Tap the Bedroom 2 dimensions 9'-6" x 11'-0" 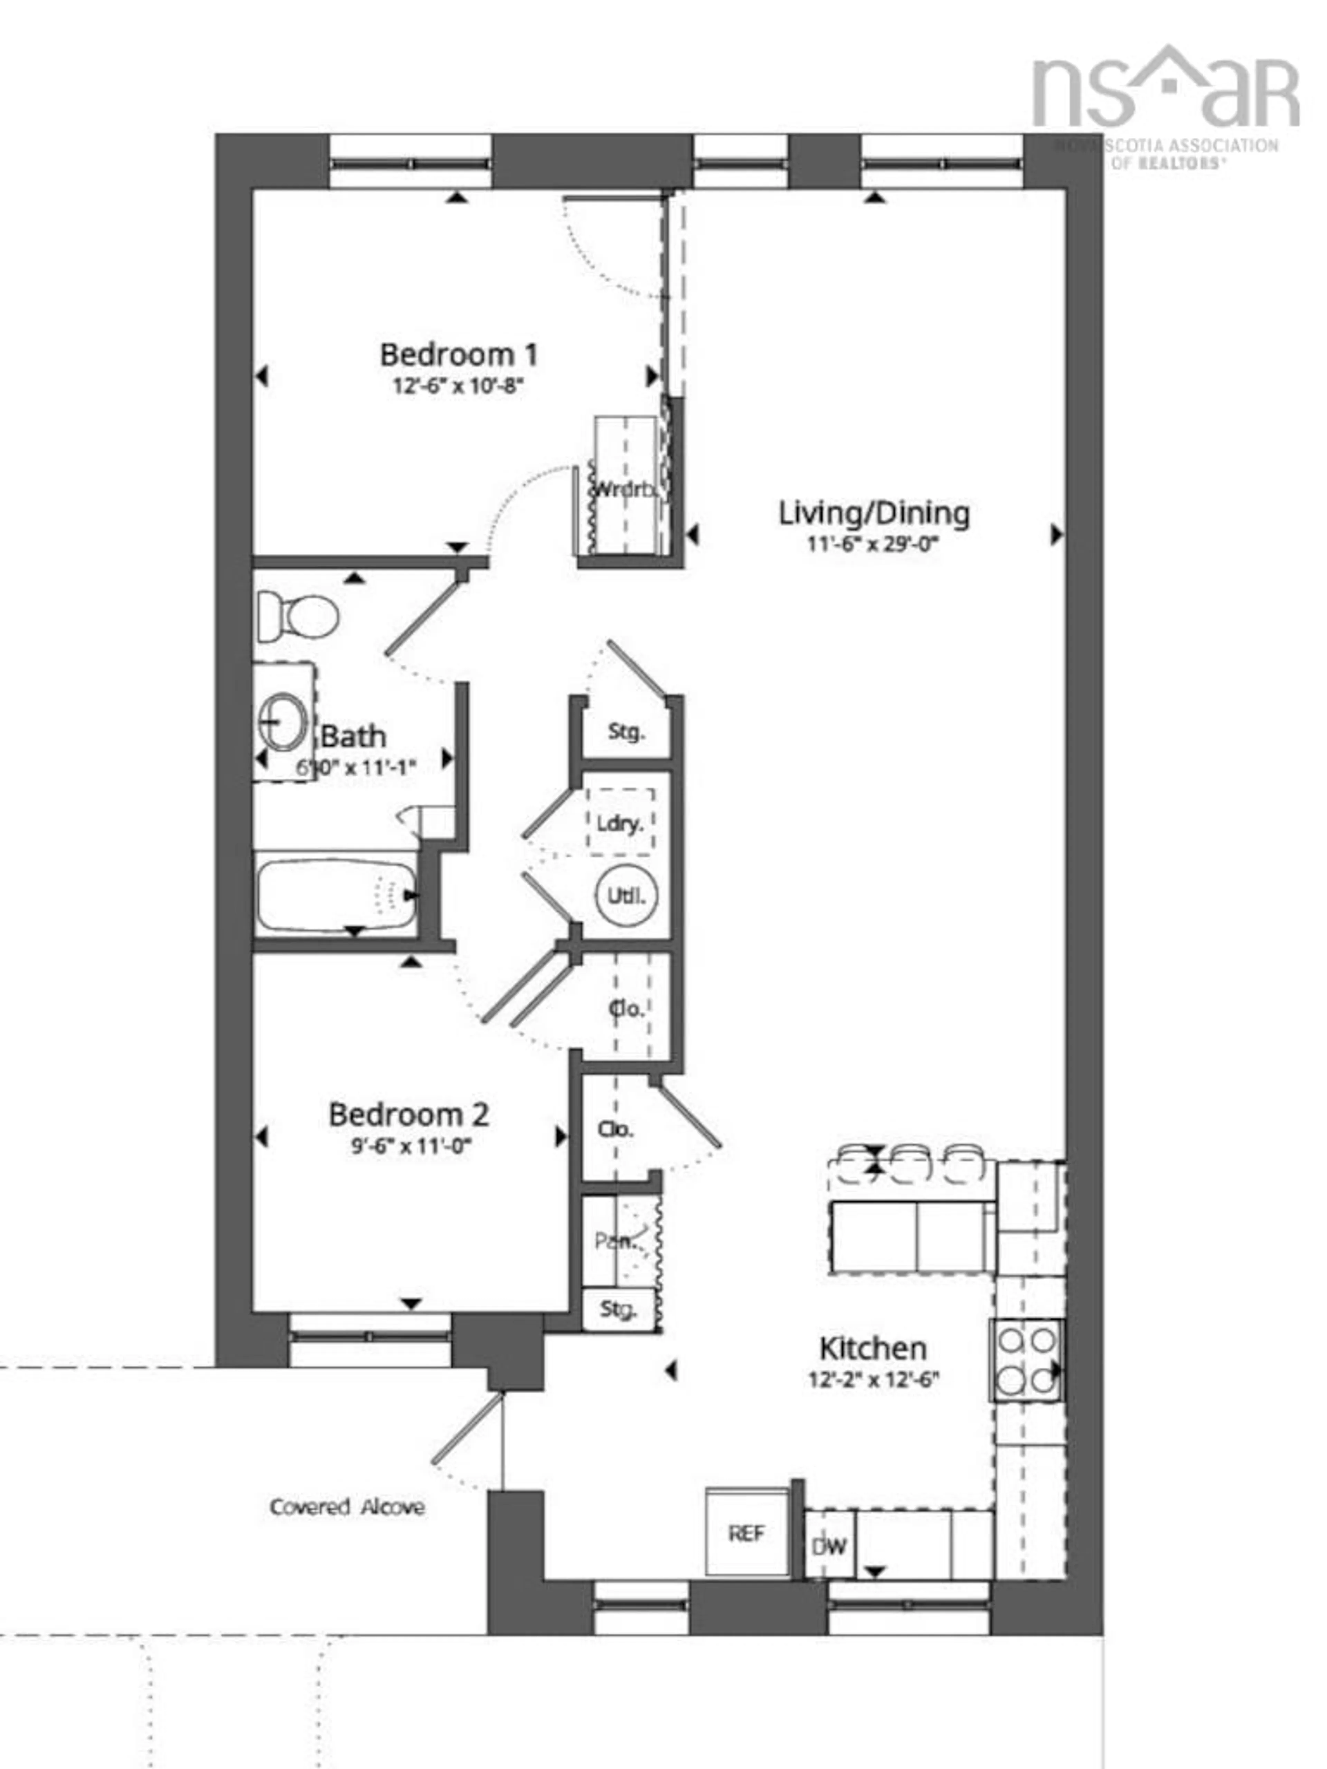point(410,1146)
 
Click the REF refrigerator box point(746,1534)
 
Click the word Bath point(353,736)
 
